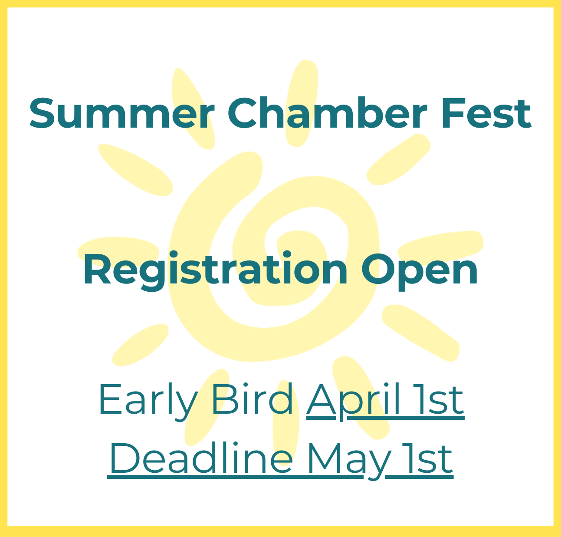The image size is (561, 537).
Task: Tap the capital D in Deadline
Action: (123, 459)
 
